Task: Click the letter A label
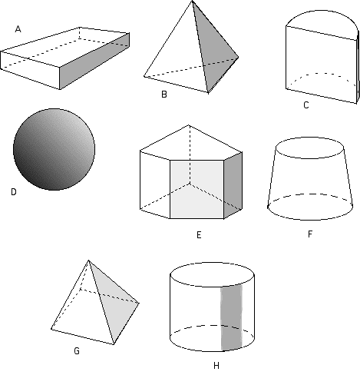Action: (x=18, y=29)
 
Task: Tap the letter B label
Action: (x=164, y=95)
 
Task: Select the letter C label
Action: (x=306, y=105)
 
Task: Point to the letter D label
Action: (x=14, y=192)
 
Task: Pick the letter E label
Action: (x=199, y=235)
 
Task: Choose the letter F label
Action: (x=310, y=234)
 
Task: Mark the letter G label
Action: (x=77, y=351)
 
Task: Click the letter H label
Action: (x=216, y=366)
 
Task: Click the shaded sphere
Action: (x=54, y=149)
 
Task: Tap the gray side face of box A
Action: (x=94, y=61)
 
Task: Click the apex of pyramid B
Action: (x=192, y=1)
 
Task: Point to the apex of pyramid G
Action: (x=88, y=261)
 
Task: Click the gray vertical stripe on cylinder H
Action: (x=231, y=317)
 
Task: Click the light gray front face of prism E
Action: (x=197, y=190)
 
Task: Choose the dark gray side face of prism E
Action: (x=233, y=185)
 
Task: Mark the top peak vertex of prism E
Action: (x=189, y=125)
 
